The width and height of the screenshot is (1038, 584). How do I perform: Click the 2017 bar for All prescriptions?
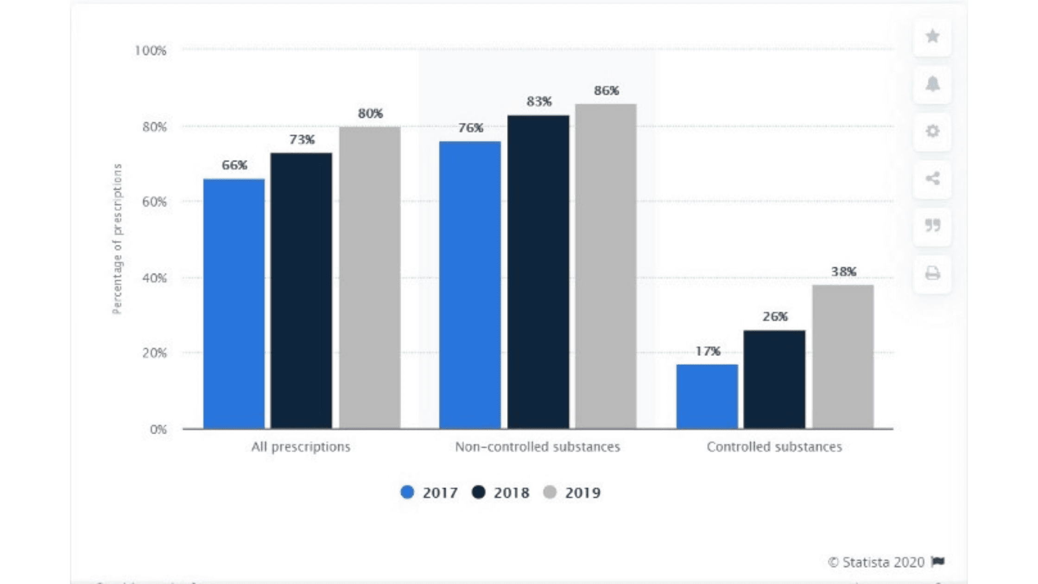pyautogui.click(x=234, y=304)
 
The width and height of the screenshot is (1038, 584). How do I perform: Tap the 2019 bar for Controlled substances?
pyautogui.click(x=843, y=356)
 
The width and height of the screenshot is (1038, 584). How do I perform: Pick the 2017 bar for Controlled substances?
pyautogui.click(x=707, y=396)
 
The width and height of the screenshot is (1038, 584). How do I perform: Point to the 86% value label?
pyautogui.click(x=607, y=91)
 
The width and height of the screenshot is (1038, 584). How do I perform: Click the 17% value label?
pyautogui.click(x=708, y=351)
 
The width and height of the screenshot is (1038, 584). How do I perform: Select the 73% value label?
pyautogui.click(x=302, y=140)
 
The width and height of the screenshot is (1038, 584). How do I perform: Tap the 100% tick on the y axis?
pyautogui.click(x=150, y=51)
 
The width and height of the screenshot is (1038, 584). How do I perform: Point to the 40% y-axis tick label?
pyautogui.click(x=154, y=278)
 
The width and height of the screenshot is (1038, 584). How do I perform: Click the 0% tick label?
pyautogui.click(x=158, y=430)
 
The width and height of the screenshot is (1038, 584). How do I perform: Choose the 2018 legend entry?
pyautogui.click(x=501, y=493)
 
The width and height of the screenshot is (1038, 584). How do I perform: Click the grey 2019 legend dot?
pyautogui.click(x=550, y=492)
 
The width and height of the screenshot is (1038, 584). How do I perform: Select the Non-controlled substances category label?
pyautogui.click(x=538, y=447)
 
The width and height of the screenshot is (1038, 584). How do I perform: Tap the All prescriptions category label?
pyautogui.click(x=301, y=447)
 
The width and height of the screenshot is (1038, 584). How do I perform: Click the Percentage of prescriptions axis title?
pyautogui.click(x=117, y=239)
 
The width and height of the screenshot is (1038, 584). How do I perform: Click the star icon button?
pyautogui.click(x=932, y=36)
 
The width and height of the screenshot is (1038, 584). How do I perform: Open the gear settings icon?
pyautogui.click(x=932, y=131)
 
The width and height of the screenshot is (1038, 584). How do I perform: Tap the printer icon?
pyautogui.click(x=932, y=273)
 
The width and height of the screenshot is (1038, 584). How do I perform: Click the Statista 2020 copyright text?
pyautogui.click(x=876, y=562)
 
